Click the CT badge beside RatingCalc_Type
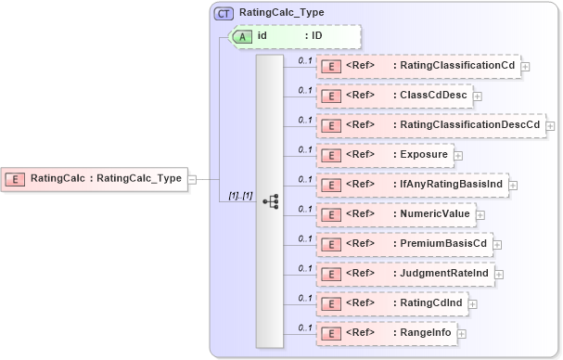(x=224, y=14)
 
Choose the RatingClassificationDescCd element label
(x=467, y=124)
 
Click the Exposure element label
(x=424, y=154)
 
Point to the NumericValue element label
(x=435, y=214)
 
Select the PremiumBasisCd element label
(x=441, y=244)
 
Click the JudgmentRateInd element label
(x=442, y=274)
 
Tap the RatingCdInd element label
(x=429, y=302)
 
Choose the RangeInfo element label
(x=426, y=332)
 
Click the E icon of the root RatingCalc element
(x=16, y=178)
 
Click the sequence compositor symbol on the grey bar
(x=270, y=200)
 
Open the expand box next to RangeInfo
(x=461, y=333)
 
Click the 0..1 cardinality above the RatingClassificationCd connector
(x=304, y=60)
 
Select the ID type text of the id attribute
(x=316, y=36)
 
